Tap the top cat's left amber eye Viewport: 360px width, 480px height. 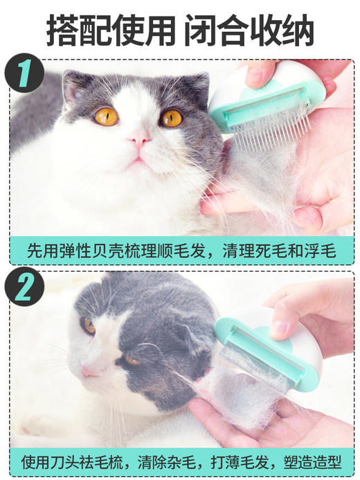106,116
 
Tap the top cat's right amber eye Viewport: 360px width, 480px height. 171,118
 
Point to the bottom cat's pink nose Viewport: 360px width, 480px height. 89,372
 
